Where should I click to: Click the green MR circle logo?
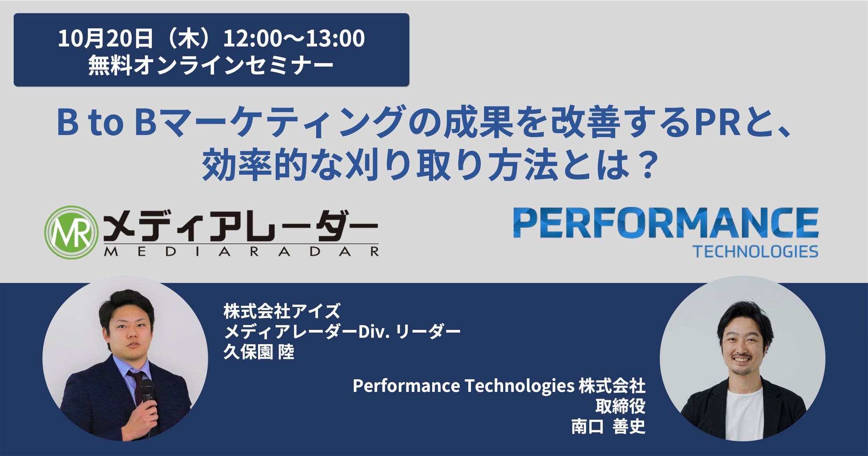pos(72,232)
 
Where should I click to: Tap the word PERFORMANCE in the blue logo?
pos(665,223)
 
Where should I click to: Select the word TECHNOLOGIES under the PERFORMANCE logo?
pos(755,252)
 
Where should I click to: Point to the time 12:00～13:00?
pos(294,38)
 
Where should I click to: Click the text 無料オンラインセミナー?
pos(211,65)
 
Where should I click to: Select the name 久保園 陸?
pos(259,353)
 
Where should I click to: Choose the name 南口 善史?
pos(608,427)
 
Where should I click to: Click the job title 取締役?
pos(621,406)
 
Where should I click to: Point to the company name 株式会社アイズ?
pos(282,311)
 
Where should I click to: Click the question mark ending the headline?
pos(647,165)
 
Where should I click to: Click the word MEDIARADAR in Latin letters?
pos(241,252)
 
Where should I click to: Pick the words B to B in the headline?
pos(106,123)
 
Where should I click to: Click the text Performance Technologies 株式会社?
pos(499,386)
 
